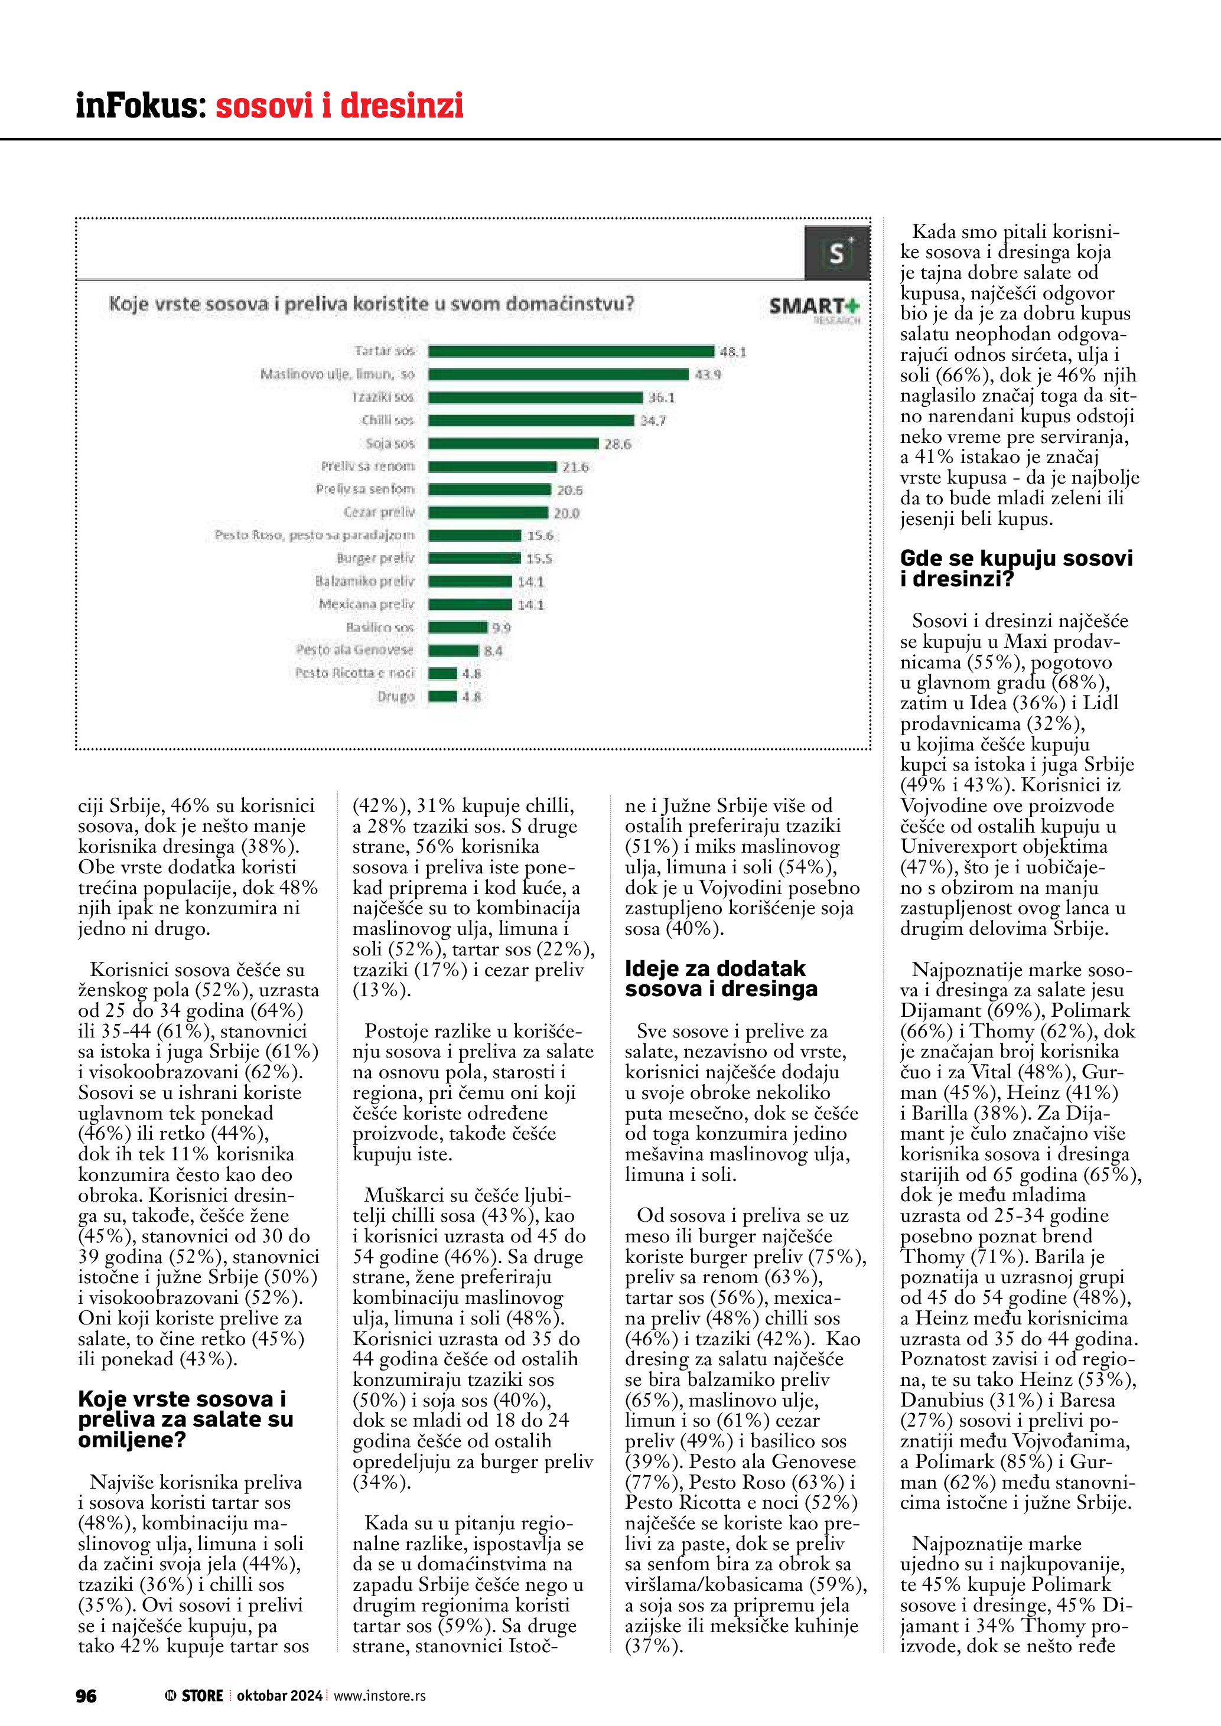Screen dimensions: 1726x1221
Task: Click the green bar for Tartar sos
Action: pos(571,351)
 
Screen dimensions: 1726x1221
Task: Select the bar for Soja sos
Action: pos(513,443)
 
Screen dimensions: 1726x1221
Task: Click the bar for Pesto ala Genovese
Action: pos(453,650)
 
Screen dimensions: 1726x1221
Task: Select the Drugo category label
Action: pos(395,696)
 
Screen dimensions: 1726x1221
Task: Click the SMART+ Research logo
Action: pos(814,308)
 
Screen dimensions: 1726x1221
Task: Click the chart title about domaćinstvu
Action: pos(372,305)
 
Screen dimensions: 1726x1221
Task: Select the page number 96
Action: pos(86,1695)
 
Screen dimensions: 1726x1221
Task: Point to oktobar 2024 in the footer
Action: pos(279,1695)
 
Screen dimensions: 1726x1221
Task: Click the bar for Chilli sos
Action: pos(531,420)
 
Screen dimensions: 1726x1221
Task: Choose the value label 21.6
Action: pos(575,467)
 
